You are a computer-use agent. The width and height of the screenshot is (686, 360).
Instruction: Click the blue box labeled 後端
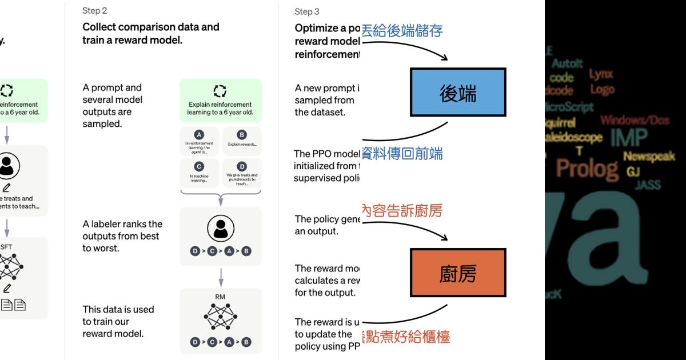[x=458, y=92]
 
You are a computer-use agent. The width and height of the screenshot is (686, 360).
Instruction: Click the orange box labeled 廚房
[x=458, y=273]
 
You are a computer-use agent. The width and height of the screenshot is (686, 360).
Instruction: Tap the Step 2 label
[x=94, y=11]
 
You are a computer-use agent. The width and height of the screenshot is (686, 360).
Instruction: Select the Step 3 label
[x=307, y=11]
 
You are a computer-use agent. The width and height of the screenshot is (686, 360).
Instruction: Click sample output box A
[x=199, y=142]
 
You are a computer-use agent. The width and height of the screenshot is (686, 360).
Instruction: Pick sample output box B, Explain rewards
[x=242, y=141]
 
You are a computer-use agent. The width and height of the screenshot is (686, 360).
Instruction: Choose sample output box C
[x=199, y=173]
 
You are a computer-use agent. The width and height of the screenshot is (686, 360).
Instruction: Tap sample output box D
[x=242, y=173]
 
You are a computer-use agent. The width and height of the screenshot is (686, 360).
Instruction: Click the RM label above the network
[x=221, y=297]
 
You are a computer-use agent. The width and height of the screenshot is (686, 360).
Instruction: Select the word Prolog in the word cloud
[x=587, y=169]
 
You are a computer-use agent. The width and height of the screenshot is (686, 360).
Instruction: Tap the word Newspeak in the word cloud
[x=649, y=157]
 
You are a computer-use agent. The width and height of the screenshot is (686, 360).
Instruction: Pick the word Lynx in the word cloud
[x=601, y=74]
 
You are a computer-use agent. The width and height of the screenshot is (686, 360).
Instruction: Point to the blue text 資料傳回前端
[x=402, y=154]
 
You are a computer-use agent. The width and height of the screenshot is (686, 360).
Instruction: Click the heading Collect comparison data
[x=150, y=27]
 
